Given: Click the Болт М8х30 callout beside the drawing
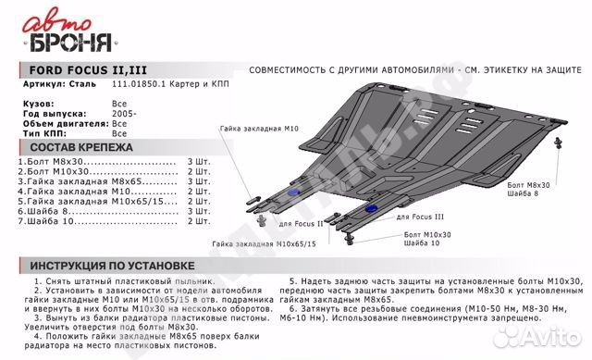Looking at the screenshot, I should (528, 185).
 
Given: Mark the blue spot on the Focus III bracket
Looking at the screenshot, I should (371, 212).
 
